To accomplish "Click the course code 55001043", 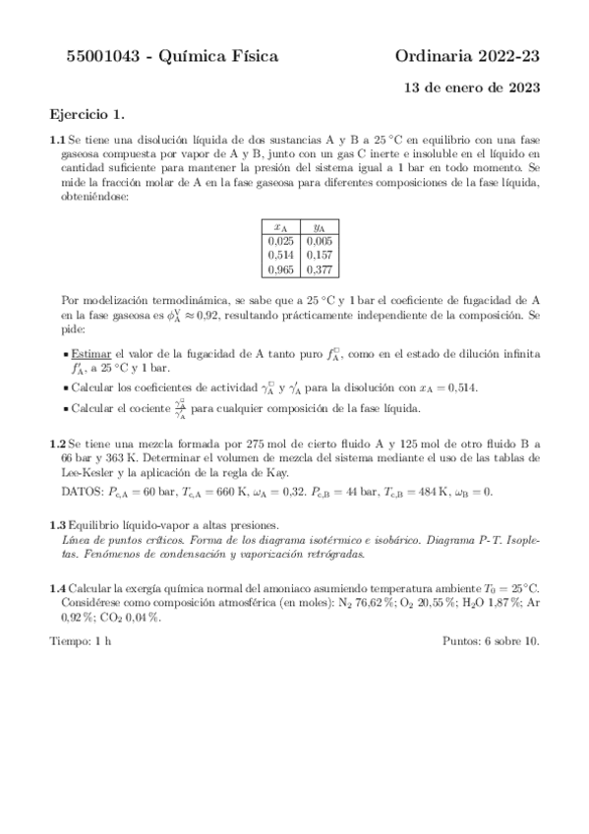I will (89, 58).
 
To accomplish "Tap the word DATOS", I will (82, 490).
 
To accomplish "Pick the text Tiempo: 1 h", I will (81, 642).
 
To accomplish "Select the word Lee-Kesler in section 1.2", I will (86, 474).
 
